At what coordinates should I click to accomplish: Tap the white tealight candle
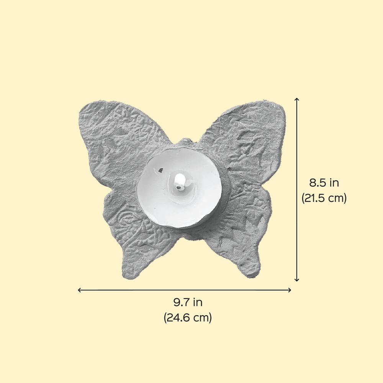click(x=179, y=188)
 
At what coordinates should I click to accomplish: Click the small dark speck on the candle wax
click(x=161, y=170)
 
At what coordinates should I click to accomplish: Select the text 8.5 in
click(x=324, y=183)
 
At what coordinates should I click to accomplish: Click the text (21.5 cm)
click(x=324, y=198)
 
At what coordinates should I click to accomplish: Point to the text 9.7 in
click(x=188, y=303)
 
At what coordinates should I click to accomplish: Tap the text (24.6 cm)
click(x=188, y=318)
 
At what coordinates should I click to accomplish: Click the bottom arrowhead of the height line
click(x=297, y=280)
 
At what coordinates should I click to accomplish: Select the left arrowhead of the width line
click(x=79, y=290)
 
